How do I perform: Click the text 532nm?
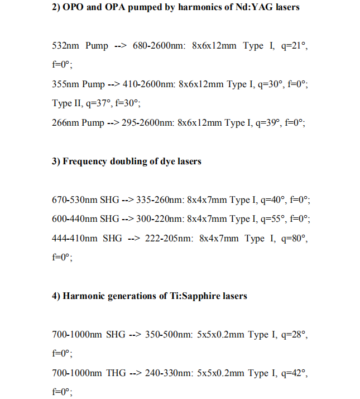tap(65, 46)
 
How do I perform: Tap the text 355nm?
tap(65, 84)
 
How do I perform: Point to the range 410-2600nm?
tap(150, 84)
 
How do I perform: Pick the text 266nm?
tap(65, 123)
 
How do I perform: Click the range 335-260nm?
tap(159, 200)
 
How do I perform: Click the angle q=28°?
tap(292, 335)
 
